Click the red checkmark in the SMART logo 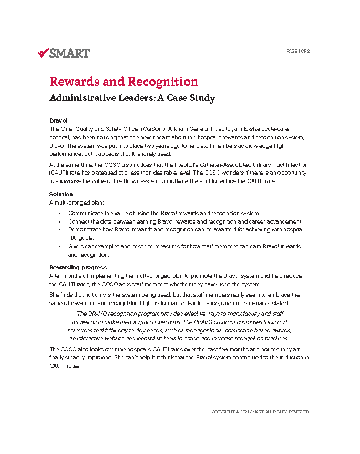tap(43, 53)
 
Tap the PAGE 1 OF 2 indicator tap(298, 51)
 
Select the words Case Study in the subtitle tap(189, 98)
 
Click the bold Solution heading tap(61, 194)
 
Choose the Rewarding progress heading tap(78, 267)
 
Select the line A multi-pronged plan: tap(73, 203)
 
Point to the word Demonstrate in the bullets tap(86, 230)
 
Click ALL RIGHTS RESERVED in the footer tap(289, 412)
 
